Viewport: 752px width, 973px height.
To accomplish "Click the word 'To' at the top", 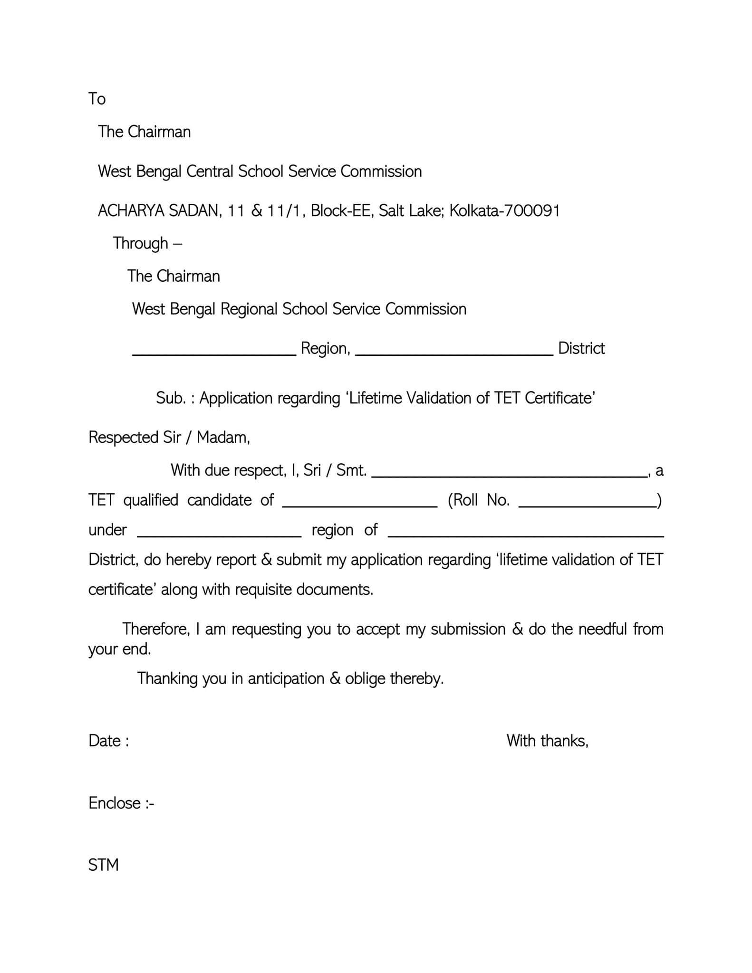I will coord(97,99).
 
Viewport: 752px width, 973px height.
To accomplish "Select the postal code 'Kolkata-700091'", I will coord(504,210).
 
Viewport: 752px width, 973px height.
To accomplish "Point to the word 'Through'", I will coord(141,243).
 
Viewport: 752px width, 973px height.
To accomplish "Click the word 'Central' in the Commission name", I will coord(210,171).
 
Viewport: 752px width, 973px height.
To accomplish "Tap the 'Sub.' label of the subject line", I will coord(170,398).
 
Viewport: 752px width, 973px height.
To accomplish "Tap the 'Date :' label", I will coord(109,741).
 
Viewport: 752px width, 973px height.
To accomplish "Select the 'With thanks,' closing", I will coord(547,741).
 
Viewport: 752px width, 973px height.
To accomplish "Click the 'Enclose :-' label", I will coord(121,803).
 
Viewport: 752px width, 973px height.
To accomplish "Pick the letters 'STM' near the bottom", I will coord(103,865).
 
